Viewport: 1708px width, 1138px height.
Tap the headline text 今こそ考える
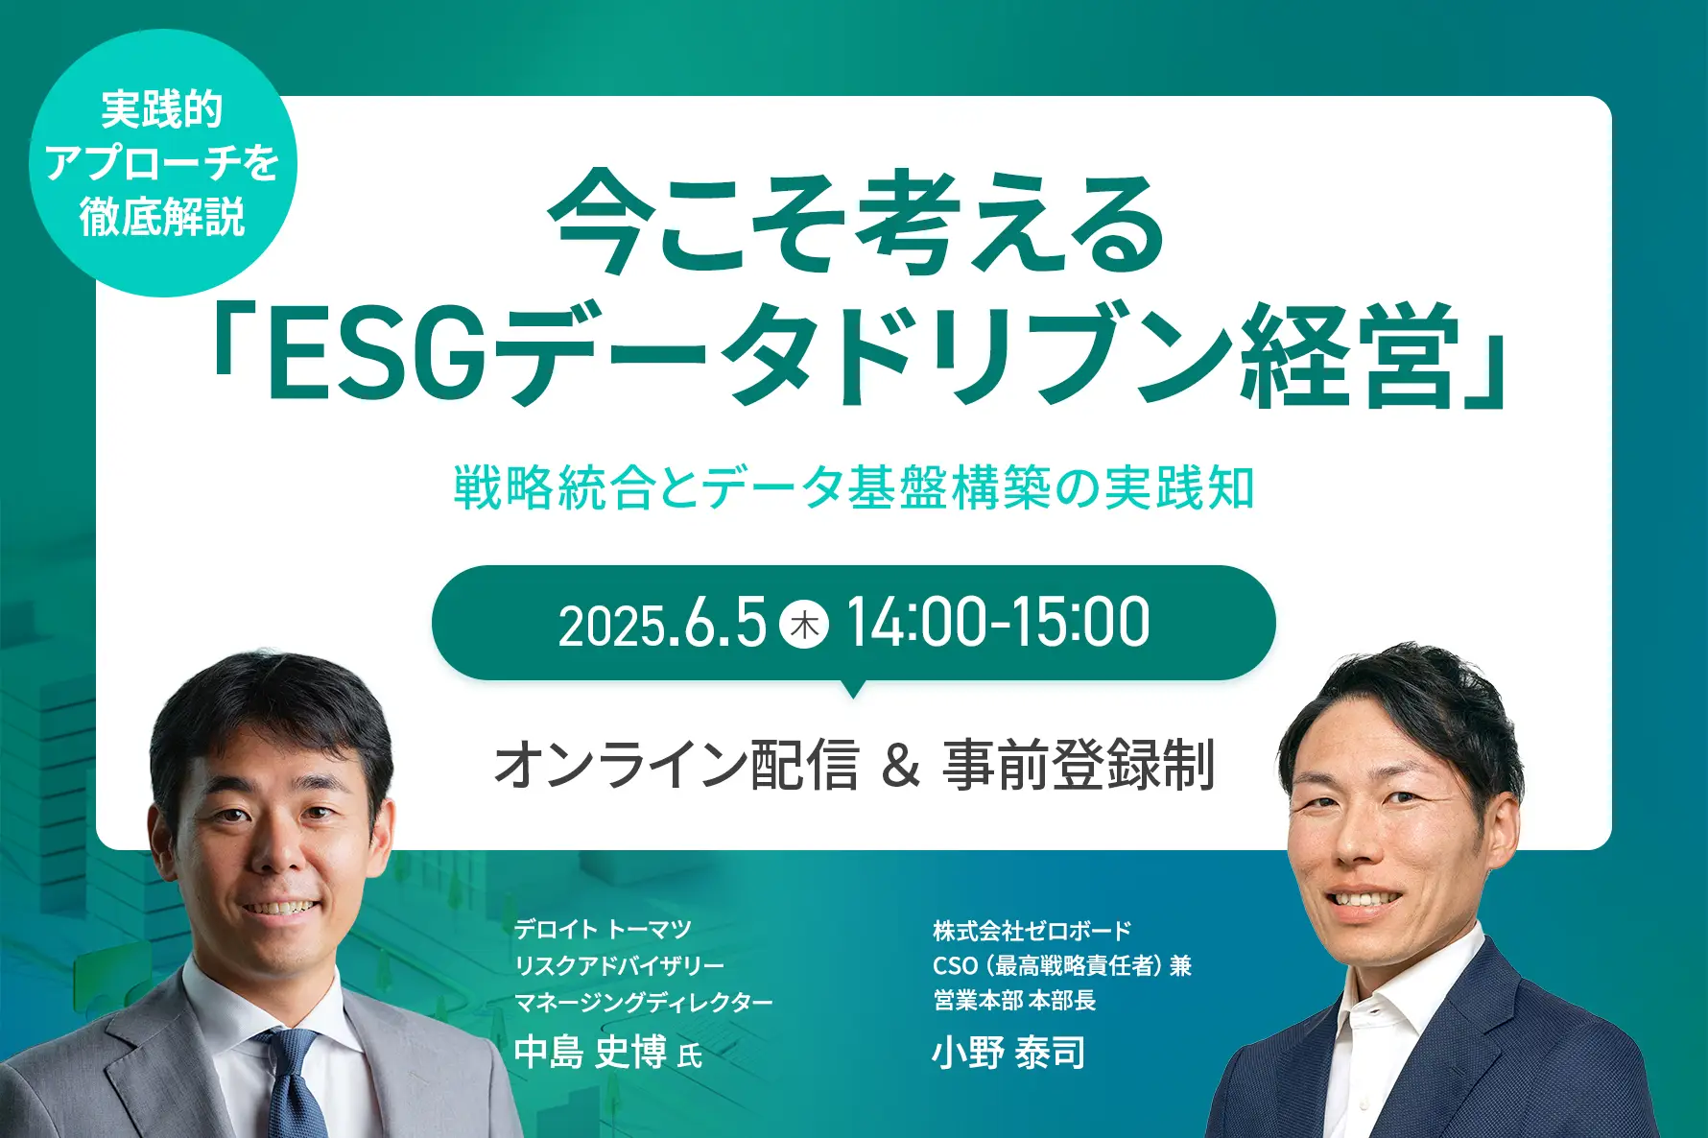click(x=857, y=224)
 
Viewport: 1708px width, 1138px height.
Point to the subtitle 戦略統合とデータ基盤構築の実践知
click(x=854, y=486)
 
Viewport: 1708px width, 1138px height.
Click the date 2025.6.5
click(x=662, y=624)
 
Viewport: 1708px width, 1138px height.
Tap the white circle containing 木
click(x=804, y=625)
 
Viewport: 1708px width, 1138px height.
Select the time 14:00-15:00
click(x=998, y=623)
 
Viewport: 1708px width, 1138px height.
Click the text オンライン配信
click(x=676, y=765)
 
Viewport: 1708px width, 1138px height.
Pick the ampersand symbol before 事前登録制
click(x=900, y=766)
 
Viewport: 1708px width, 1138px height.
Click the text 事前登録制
click(x=1079, y=765)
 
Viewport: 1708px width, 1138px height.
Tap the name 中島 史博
click(x=591, y=1053)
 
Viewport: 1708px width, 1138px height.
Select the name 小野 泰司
click(x=1009, y=1053)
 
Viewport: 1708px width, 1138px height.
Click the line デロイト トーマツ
click(x=603, y=929)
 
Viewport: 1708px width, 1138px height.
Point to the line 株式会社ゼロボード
click(x=1032, y=930)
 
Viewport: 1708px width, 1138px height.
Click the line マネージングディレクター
click(x=644, y=1003)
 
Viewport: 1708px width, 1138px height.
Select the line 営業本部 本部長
click(x=1014, y=1001)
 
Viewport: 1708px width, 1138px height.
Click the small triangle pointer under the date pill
click(x=852, y=688)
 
